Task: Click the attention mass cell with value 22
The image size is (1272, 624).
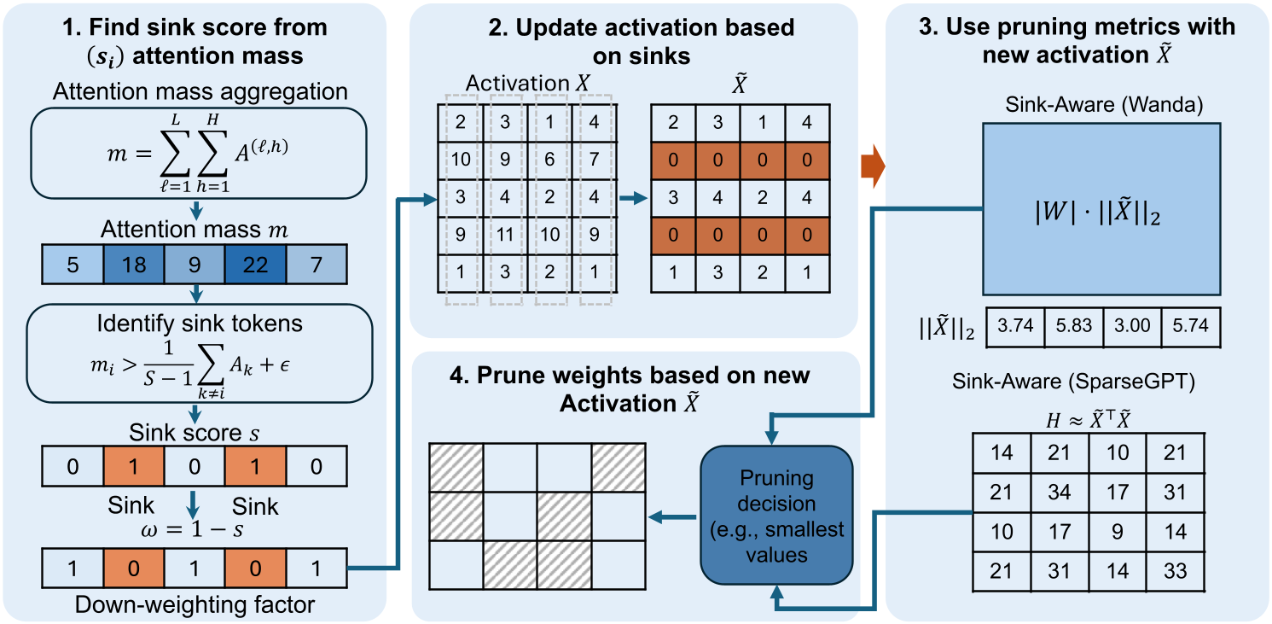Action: (x=256, y=265)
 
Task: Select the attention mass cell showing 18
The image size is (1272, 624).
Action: (x=134, y=265)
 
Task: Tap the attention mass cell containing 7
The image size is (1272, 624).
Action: (x=317, y=265)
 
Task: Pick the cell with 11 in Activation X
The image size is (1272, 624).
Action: (x=505, y=235)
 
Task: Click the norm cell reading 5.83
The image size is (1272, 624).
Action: (x=1074, y=326)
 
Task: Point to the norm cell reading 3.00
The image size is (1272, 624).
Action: (x=1132, y=326)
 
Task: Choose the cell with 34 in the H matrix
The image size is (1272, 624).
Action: (x=1059, y=493)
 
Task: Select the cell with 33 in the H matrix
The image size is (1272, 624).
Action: (x=1175, y=571)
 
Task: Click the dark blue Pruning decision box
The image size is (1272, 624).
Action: (x=776, y=516)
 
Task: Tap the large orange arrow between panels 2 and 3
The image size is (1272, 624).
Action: (x=873, y=166)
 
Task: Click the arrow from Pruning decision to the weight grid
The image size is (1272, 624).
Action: (x=672, y=517)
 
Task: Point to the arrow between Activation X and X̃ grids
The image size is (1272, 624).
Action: (x=633, y=198)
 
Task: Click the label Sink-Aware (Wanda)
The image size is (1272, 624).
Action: (x=1104, y=104)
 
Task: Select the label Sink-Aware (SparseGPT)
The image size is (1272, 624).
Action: (x=1073, y=382)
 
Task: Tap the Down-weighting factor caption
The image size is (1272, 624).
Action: (x=195, y=604)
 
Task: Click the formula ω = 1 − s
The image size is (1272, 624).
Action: (x=192, y=529)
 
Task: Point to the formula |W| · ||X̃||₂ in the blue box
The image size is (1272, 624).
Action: (x=1097, y=212)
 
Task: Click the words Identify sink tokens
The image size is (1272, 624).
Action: (x=200, y=324)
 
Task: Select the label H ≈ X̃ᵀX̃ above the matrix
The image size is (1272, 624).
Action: (x=1088, y=419)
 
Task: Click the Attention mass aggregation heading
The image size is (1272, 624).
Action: (x=200, y=91)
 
